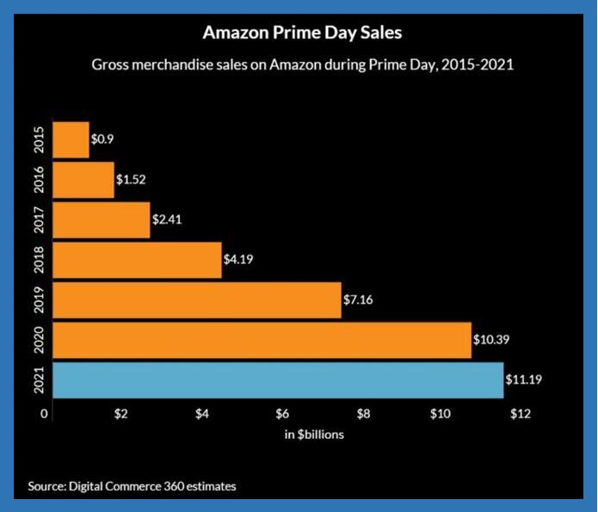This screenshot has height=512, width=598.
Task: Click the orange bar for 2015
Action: click(71, 139)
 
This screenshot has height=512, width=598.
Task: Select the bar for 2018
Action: click(137, 260)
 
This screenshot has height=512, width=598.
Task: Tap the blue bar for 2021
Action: click(278, 380)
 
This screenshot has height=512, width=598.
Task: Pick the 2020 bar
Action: click(262, 340)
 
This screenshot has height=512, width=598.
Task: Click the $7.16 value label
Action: click(358, 299)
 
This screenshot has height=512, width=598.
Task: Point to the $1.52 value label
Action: click(131, 179)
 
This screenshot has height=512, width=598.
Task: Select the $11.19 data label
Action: click(524, 379)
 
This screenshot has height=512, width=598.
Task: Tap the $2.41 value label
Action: click(167, 219)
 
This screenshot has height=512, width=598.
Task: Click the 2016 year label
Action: click(39, 180)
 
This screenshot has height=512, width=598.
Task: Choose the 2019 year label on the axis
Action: click(39, 299)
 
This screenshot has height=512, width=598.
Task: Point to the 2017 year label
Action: click(39, 219)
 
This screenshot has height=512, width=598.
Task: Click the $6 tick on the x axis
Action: click(282, 414)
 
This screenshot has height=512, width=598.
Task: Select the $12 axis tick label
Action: click(521, 414)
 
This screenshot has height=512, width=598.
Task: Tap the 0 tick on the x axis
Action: click(44, 414)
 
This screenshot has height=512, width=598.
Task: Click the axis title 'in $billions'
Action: click(314, 435)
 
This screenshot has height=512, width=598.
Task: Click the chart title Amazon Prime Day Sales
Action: click(302, 33)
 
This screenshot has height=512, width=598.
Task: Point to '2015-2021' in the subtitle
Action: click(478, 65)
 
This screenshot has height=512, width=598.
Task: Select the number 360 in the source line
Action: click(171, 486)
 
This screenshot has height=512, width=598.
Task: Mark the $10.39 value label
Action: click(491, 339)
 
